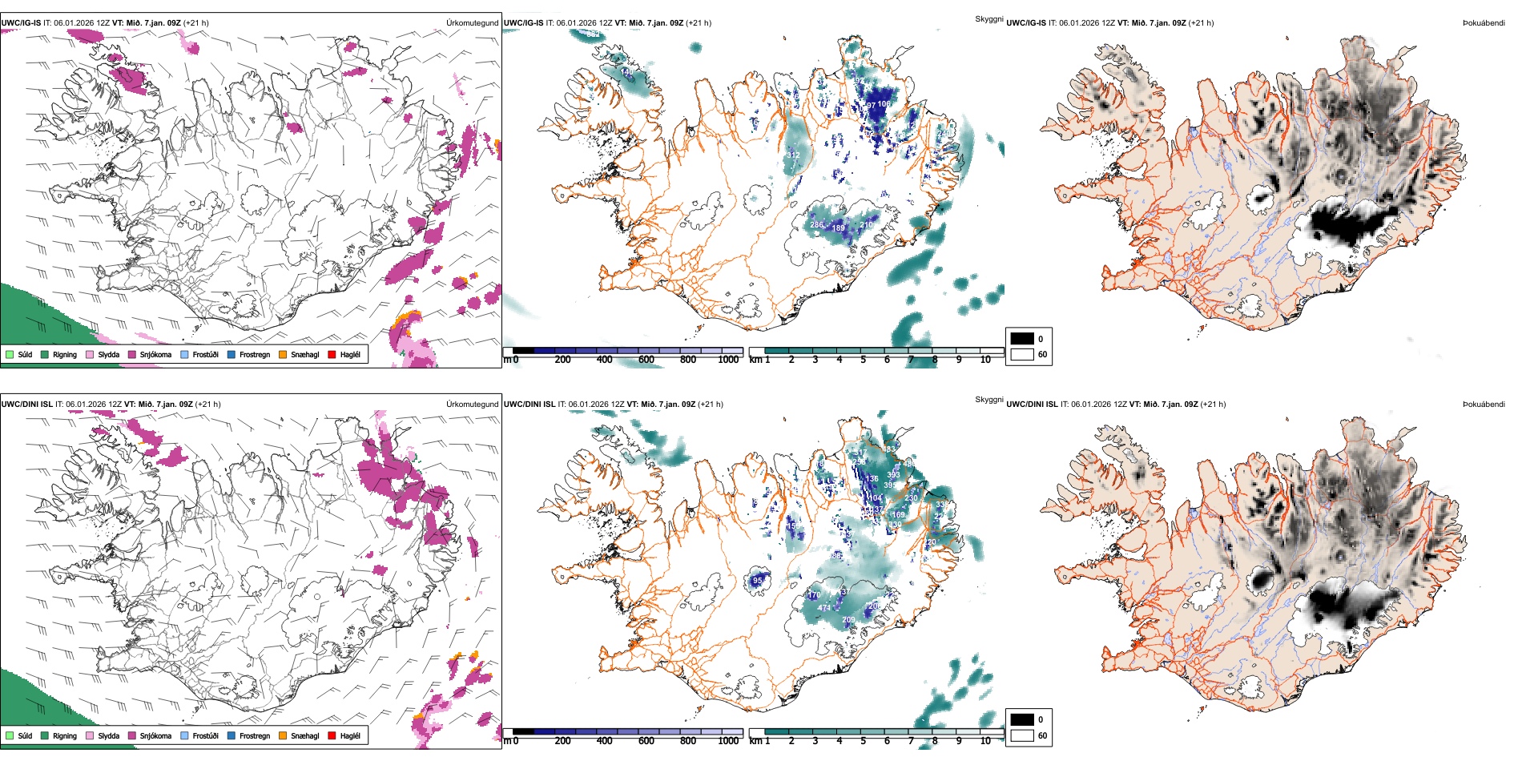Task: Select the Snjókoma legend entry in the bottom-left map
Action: pyautogui.click(x=149, y=735)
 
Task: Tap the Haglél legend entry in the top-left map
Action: pyautogui.click(x=344, y=354)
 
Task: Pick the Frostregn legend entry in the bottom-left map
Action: pyautogui.click(x=248, y=735)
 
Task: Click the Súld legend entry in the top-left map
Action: pyautogui.click(x=19, y=354)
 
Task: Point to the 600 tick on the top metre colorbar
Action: pyautogui.click(x=646, y=360)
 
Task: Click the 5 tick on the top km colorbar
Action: pyautogui.click(x=864, y=360)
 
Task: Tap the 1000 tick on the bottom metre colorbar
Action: pyautogui.click(x=728, y=741)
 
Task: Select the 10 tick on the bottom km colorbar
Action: pyautogui.click(x=985, y=741)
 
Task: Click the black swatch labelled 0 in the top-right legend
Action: pyautogui.click(x=1022, y=339)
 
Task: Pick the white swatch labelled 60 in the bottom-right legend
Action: pyautogui.click(x=1022, y=735)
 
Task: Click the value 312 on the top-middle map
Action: pyautogui.click(x=793, y=155)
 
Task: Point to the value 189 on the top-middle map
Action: pyautogui.click(x=839, y=228)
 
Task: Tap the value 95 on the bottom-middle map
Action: pyautogui.click(x=758, y=581)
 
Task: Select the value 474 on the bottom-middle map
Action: pyautogui.click(x=824, y=608)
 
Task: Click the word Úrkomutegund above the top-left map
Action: pyautogui.click(x=472, y=23)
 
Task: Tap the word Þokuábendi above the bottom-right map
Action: pyautogui.click(x=1484, y=405)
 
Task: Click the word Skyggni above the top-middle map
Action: pyautogui.click(x=988, y=18)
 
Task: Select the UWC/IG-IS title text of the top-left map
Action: pyautogui.click(x=21, y=23)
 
